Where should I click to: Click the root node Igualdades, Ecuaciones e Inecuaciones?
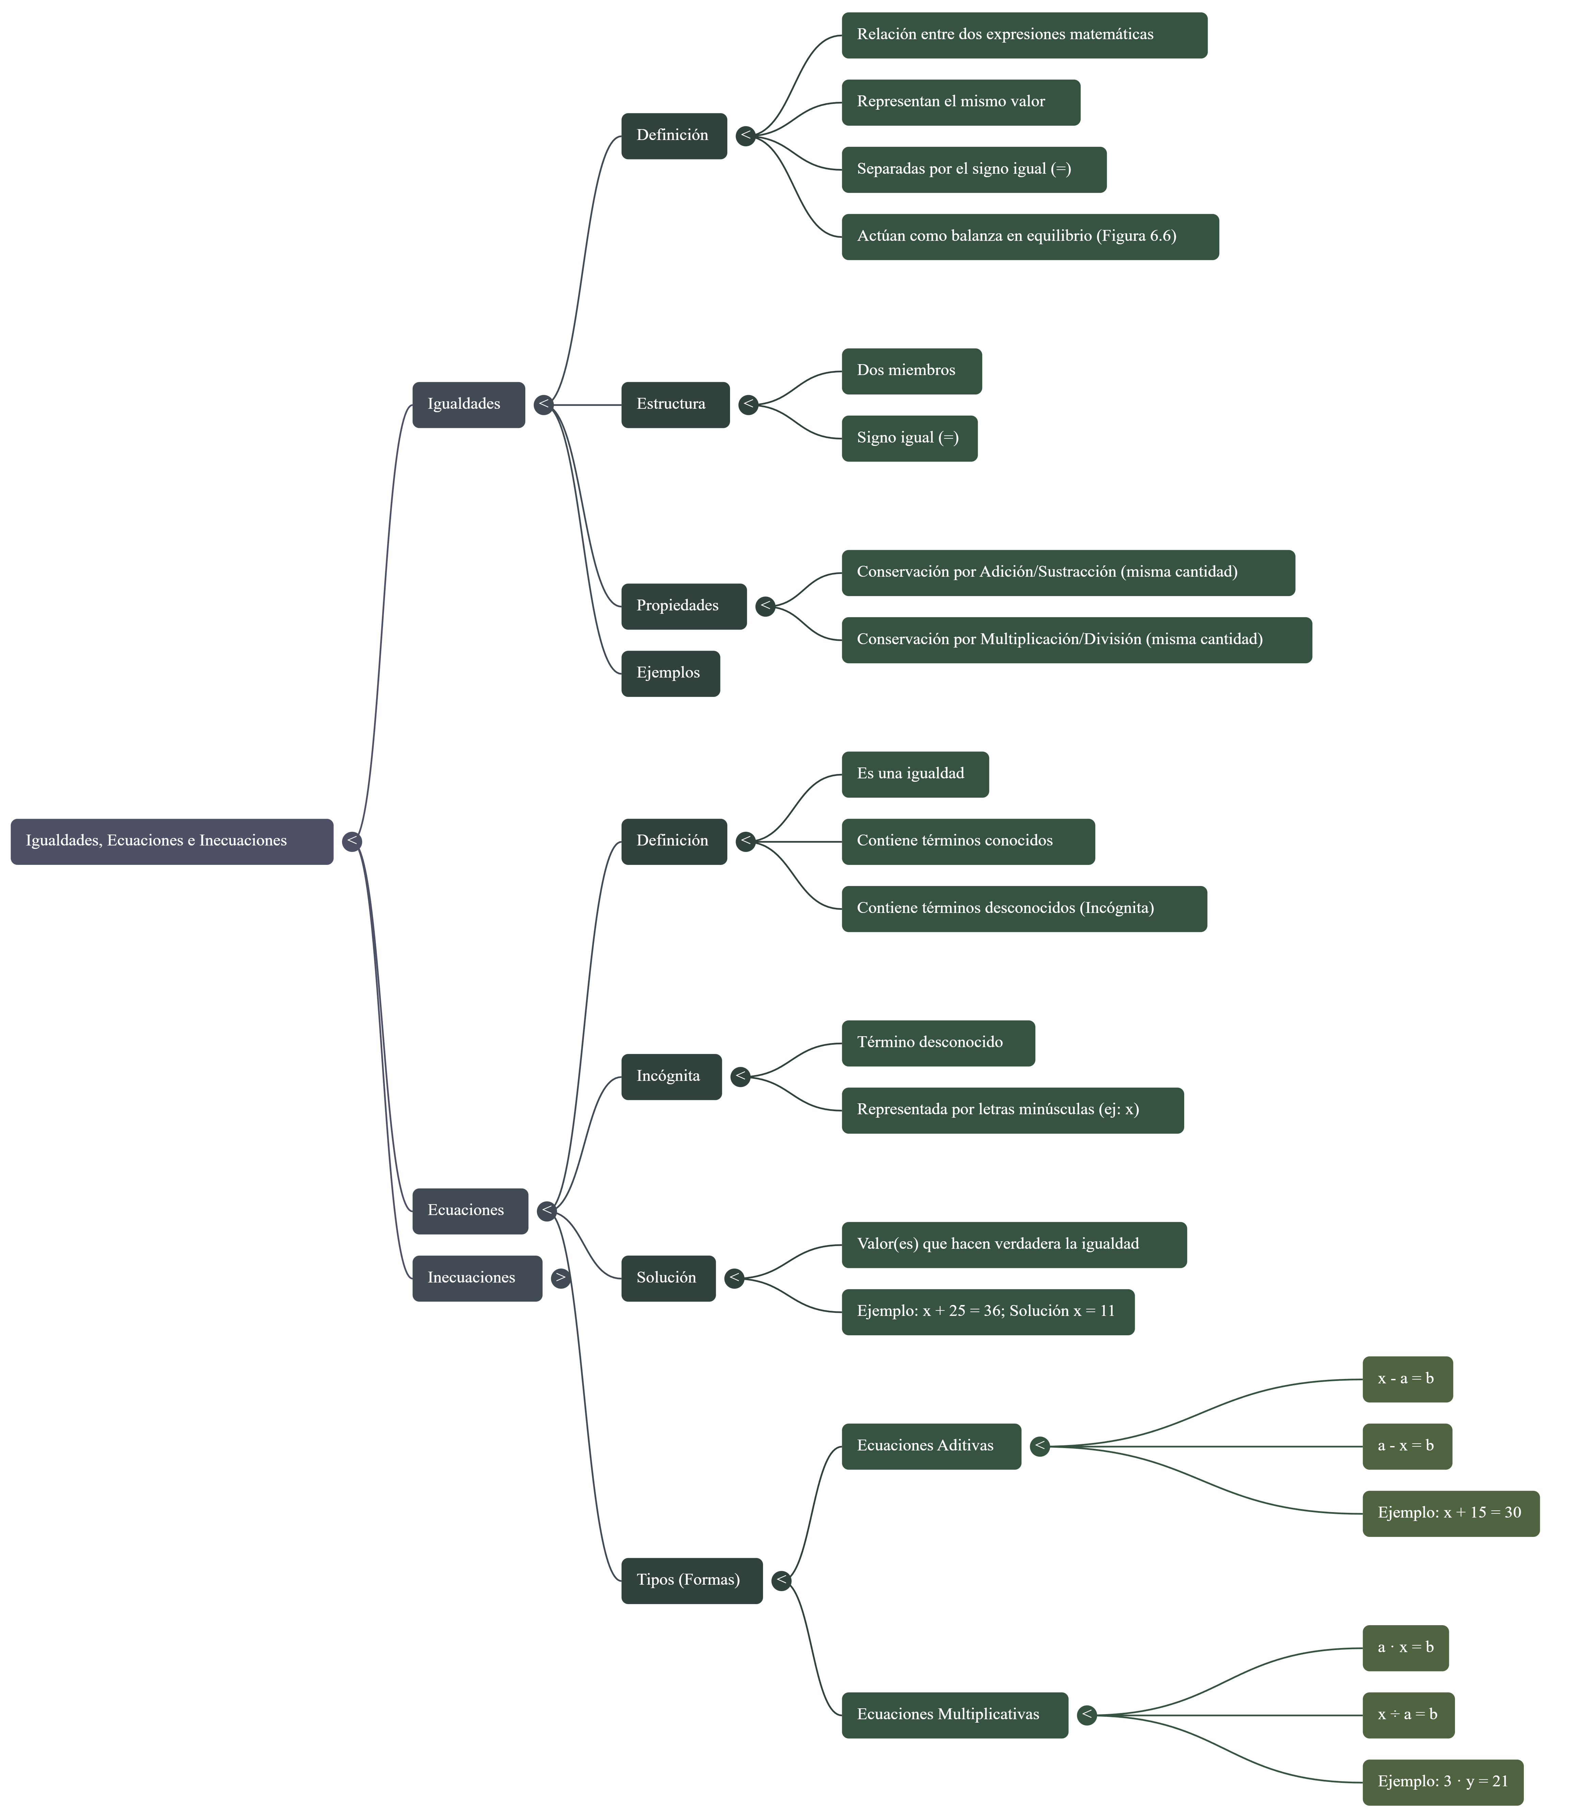tap(172, 841)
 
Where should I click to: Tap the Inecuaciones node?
tap(477, 1278)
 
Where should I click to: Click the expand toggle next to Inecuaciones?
tap(560, 1278)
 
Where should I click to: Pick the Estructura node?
tap(675, 404)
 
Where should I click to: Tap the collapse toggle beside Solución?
tap(734, 1278)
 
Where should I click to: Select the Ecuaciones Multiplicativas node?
tap(954, 1715)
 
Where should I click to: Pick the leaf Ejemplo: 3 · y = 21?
tap(1442, 1782)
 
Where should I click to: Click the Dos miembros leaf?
tap(911, 371)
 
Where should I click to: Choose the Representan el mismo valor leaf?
tap(960, 102)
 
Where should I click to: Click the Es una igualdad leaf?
tap(915, 775)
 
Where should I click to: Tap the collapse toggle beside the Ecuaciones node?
tap(546, 1211)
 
